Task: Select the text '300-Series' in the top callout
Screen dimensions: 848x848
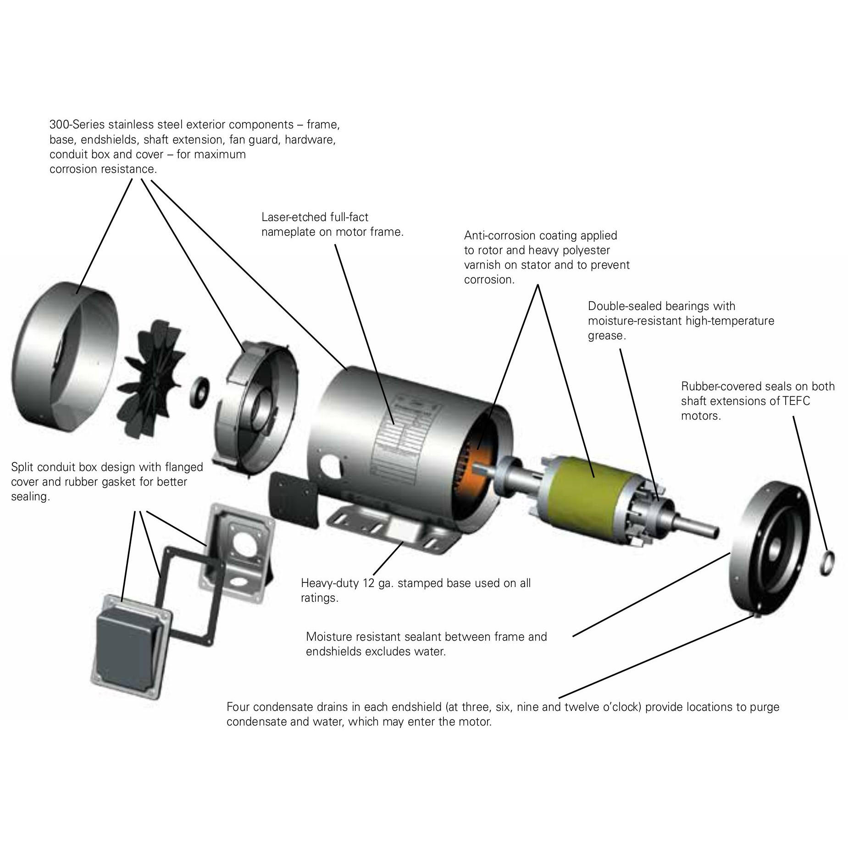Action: tap(76, 125)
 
